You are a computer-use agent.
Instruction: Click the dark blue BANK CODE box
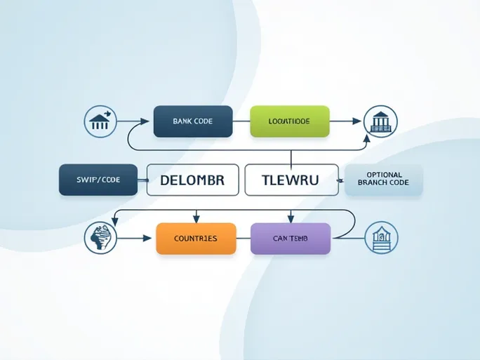click(192, 121)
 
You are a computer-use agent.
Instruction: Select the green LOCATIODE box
click(290, 121)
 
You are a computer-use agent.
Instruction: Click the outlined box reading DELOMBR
click(192, 180)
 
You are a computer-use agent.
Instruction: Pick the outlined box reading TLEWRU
click(291, 180)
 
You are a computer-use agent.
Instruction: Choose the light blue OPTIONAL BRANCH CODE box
click(384, 180)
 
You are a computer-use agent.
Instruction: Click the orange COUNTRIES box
click(196, 239)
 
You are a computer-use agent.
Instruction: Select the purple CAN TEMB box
click(291, 239)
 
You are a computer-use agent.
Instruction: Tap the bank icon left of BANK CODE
click(99, 121)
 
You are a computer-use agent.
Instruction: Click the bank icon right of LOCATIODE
click(380, 121)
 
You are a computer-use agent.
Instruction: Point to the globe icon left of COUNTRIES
click(99, 239)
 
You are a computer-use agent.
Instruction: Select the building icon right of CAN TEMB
click(381, 239)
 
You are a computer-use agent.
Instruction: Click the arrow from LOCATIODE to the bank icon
click(345, 121)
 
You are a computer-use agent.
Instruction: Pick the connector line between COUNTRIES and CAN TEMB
click(244, 239)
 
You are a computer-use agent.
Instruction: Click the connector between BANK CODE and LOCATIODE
click(241, 121)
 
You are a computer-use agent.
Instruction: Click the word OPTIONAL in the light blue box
click(384, 175)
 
